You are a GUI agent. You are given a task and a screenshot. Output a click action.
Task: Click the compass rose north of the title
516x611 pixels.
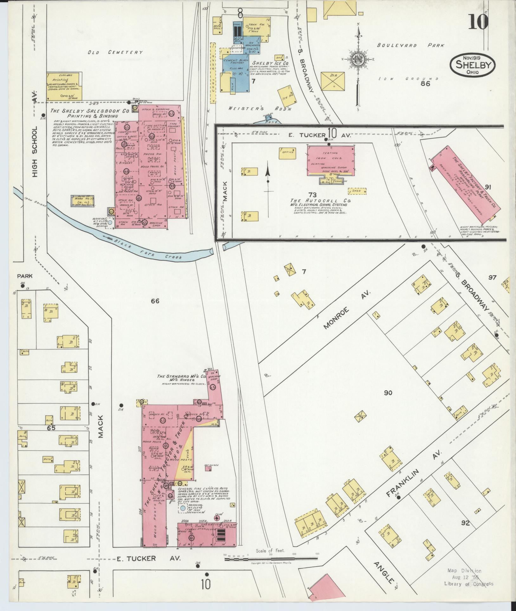(358, 60)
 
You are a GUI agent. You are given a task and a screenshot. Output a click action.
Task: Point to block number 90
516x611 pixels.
(388, 393)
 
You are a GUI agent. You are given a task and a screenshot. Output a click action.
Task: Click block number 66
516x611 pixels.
(155, 301)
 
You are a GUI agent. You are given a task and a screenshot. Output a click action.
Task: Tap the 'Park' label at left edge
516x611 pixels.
(25, 276)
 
